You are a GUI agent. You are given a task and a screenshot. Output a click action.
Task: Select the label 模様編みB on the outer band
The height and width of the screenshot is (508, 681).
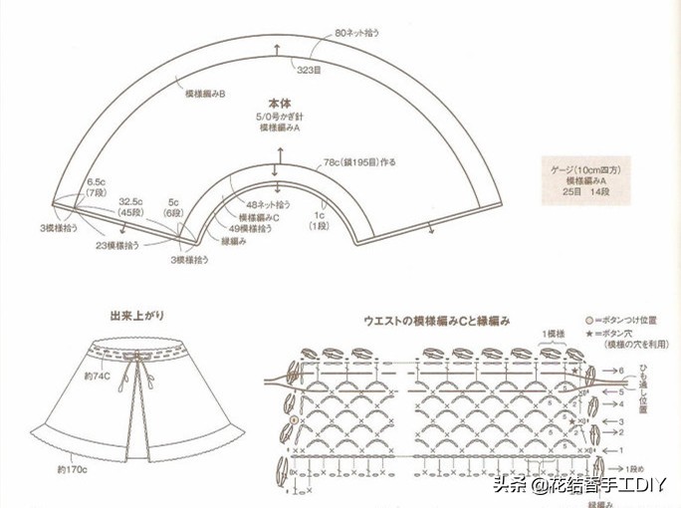point(205,94)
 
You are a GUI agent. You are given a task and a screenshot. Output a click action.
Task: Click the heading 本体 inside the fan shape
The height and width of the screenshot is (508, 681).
point(279,104)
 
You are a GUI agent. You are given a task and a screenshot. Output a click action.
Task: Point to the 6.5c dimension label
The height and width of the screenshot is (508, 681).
point(97,182)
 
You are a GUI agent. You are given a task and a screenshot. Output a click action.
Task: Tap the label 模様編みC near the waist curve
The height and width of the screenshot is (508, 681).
point(259,216)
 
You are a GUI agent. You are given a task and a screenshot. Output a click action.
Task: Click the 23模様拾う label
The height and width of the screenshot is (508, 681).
point(116,244)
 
